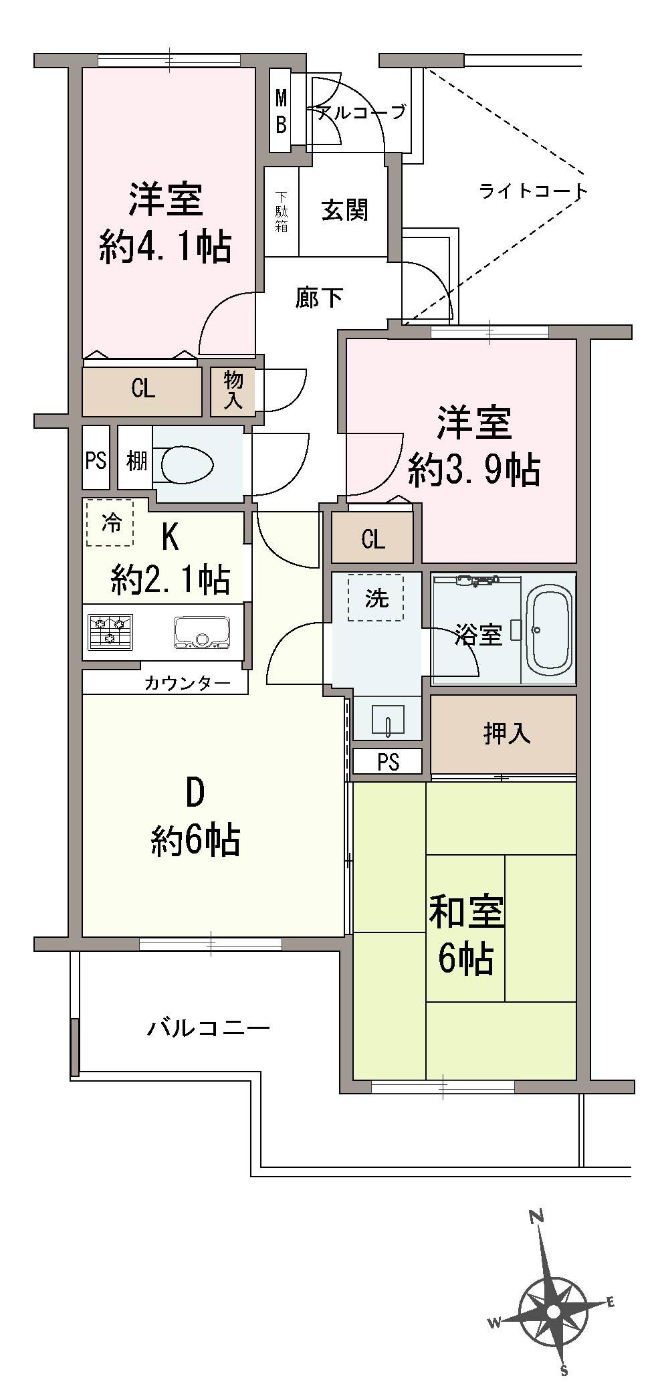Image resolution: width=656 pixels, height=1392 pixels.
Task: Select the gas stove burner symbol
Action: [110, 631]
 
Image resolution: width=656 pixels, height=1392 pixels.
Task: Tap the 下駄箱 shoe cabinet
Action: [282, 211]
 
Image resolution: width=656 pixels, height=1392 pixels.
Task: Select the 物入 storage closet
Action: [233, 391]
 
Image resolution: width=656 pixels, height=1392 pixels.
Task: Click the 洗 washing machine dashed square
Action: [376, 597]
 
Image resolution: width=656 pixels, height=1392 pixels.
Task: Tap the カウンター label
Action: [187, 683]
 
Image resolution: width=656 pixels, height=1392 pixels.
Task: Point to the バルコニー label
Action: [208, 1027]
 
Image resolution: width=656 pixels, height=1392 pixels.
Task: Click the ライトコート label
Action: [533, 192]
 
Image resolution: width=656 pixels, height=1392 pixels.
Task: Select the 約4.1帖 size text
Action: [165, 247]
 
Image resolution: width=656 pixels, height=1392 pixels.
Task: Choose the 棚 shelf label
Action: [136, 461]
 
